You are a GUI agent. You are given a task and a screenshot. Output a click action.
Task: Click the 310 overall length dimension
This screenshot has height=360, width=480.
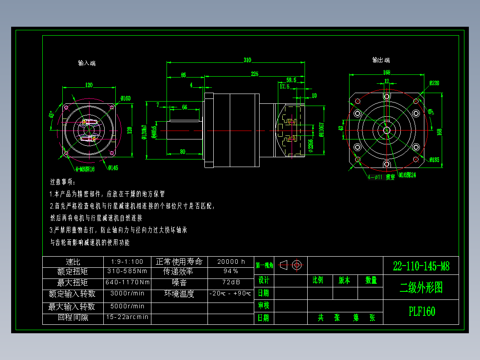(x=247, y=60)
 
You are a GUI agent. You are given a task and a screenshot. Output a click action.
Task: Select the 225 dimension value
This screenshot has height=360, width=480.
(x=254, y=74)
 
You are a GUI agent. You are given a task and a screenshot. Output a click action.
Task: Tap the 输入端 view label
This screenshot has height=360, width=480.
(x=87, y=63)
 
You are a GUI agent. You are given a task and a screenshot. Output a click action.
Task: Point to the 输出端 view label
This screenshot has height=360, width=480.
(x=381, y=60)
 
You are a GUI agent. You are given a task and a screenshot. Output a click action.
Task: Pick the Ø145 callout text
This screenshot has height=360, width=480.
(x=113, y=168)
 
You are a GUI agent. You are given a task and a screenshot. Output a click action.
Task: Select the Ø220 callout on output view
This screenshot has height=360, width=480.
(x=434, y=83)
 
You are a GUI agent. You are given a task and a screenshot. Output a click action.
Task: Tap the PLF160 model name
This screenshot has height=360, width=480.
(x=421, y=311)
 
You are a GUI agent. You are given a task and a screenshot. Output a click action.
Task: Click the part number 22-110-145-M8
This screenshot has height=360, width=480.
(x=421, y=266)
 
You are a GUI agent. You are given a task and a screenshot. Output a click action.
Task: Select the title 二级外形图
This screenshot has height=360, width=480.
(x=421, y=288)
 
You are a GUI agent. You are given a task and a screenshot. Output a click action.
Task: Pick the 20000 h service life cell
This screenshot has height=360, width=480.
(x=231, y=262)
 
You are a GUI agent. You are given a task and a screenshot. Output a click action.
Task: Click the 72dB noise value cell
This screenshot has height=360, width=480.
(x=231, y=282)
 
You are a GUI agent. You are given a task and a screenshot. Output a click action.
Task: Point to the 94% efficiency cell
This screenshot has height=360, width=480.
(x=231, y=271)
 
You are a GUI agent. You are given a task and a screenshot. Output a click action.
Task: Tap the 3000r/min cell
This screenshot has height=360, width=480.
(x=127, y=293)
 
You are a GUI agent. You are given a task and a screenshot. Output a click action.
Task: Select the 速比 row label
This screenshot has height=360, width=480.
(x=73, y=262)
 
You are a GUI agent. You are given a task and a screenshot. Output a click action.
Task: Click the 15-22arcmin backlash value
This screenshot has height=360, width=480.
(x=127, y=317)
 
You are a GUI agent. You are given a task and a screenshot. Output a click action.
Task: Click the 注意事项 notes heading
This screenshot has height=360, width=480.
(x=62, y=182)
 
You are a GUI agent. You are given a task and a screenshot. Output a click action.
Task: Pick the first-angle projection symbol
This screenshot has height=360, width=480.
(x=292, y=265)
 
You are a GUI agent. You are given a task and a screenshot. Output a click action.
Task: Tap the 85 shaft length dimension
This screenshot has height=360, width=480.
(x=183, y=74)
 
